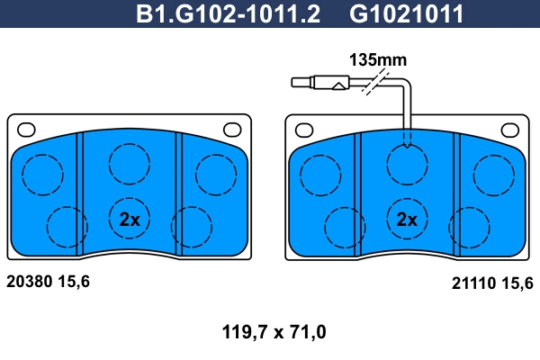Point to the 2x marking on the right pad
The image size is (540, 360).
click(x=408, y=219)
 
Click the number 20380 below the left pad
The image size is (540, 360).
click(x=30, y=281)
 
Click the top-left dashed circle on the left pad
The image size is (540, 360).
click(x=40, y=175)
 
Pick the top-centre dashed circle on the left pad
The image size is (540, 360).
click(x=129, y=162)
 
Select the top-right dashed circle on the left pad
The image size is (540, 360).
click(x=214, y=175)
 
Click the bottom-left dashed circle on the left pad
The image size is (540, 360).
click(x=67, y=226)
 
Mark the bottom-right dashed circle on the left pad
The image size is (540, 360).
click(x=190, y=226)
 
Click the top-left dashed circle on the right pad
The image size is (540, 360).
click(x=319, y=175)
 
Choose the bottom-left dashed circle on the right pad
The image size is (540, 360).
click(x=345, y=226)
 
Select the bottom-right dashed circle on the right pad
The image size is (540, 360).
click(x=468, y=226)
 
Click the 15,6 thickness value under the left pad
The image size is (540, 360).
click(x=75, y=281)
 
